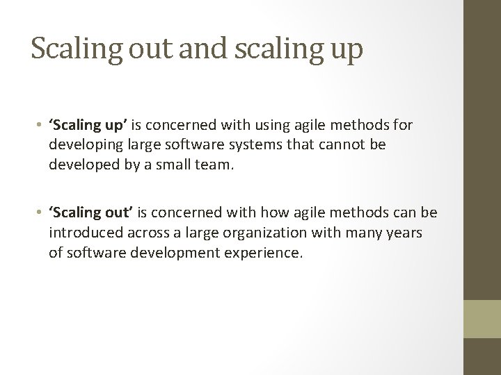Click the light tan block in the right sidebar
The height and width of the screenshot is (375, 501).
[x=482, y=318]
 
